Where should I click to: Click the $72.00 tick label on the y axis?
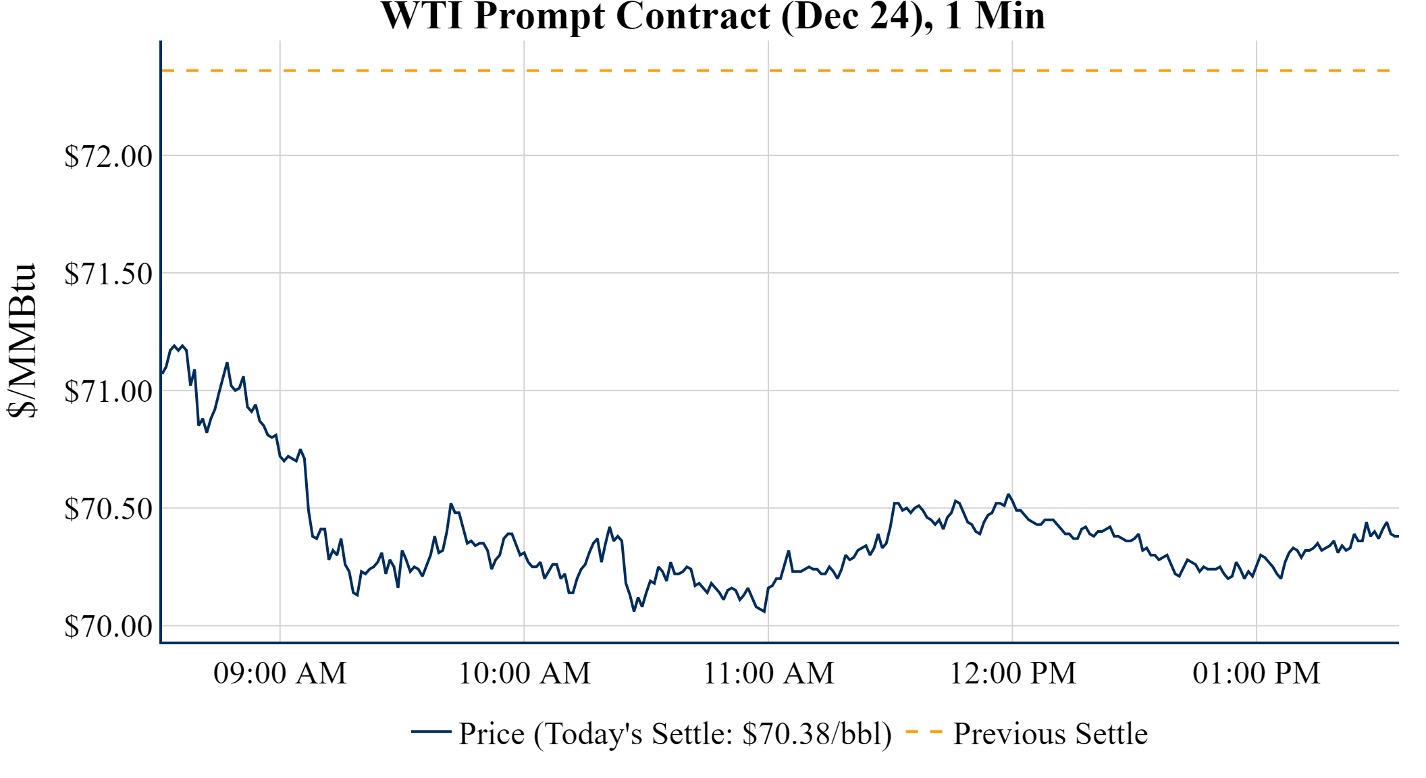[x=108, y=157]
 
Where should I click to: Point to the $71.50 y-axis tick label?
[x=108, y=274]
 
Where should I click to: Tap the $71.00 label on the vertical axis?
[x=108, y=392]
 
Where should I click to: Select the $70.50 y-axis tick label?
[x=108, y=509]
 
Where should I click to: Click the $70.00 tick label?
[x=108, y=627]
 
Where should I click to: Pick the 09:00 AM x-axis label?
[x=280, y=673]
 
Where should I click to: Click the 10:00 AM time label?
[x=525, y=673]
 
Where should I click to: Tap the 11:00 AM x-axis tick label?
[x=768, y=673]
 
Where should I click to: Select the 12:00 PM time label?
[x=1013, y=673]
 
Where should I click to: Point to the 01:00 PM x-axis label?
[x=1257, y=673]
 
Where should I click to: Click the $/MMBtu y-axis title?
[x=22, y=341]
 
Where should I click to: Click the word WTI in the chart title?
[x=422, y=16]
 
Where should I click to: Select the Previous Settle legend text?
[x=1050, y=734]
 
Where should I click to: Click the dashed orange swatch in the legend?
[x=924, y=731]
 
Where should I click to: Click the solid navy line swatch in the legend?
[x=431, y=731]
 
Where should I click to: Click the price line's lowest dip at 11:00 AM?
[x=764, y=611]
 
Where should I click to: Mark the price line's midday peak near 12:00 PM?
[x=1009, y=494]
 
